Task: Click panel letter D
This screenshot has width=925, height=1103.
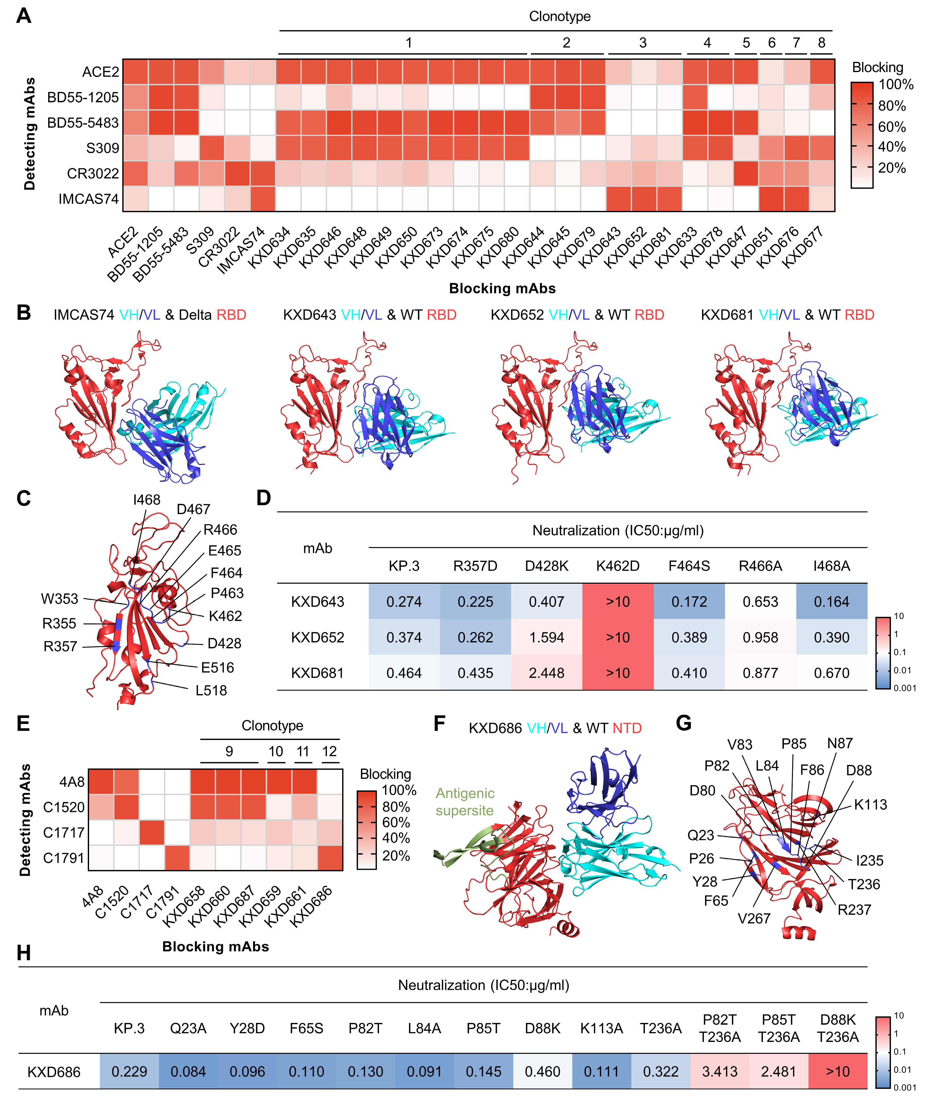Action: pos(264,498)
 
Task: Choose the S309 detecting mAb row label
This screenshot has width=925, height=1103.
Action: pos(102,148)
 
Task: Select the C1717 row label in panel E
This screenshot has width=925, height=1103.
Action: pos(64,832)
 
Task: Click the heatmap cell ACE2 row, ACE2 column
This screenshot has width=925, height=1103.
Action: pos(135,72)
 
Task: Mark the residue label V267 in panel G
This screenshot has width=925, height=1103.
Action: pos(754,919)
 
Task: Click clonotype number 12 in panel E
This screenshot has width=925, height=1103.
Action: pos(329,752)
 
